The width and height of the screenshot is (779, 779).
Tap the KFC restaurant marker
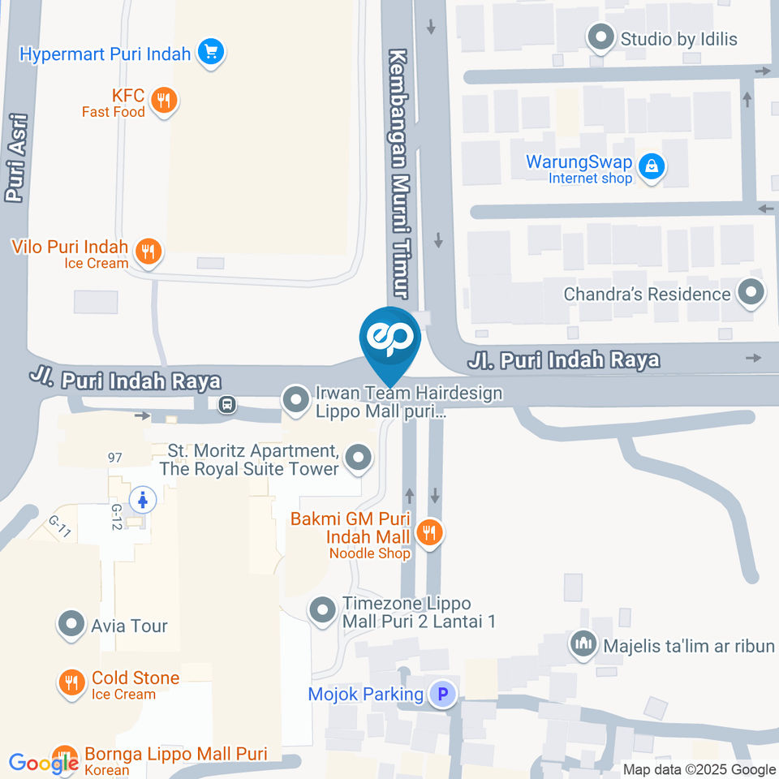(164, 101)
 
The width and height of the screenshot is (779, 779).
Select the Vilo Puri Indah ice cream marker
(147, 252)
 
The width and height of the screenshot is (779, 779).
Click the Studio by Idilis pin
(600, 37)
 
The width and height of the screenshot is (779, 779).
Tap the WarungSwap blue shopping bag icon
(650, 167)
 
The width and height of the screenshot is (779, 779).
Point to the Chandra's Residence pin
(751, 293)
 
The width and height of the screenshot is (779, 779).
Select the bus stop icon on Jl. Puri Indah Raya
(227, 402)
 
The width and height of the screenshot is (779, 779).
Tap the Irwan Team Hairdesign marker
(294, 398)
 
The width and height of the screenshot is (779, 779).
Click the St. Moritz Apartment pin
(357, 458)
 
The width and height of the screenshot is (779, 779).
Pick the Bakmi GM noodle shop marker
(429, 532)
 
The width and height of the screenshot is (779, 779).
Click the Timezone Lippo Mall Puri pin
(322, 609)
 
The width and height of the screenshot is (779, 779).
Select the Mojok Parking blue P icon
(442, 694)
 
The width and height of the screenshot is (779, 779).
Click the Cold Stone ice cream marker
(71, 683)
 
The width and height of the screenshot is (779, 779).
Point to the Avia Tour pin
(71, 625)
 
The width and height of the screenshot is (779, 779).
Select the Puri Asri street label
(16, 158)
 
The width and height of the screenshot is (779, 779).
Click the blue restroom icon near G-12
(144, 500)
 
